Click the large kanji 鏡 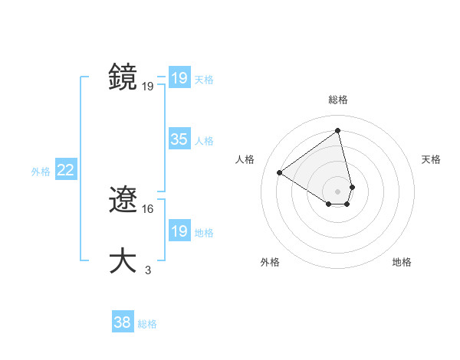coord(123,77)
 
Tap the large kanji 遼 coord(123,201)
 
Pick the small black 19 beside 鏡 coord(148,86)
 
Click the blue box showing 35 coord(179,139)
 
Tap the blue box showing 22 coord(65,170)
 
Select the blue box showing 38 coord(123,322)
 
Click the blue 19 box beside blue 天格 coord(179,78)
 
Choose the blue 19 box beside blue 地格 coord(179,231)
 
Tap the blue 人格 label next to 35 coord(204,141)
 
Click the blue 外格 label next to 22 coord(41,172)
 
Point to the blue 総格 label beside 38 coord(147,324)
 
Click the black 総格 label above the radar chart coord(338,100)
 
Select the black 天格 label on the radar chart coord(432,159)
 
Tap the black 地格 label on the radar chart coord(402,262)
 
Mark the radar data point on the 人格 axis coord(280,172)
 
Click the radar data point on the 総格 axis coord(338,130)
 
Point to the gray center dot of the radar coord(338,191)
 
